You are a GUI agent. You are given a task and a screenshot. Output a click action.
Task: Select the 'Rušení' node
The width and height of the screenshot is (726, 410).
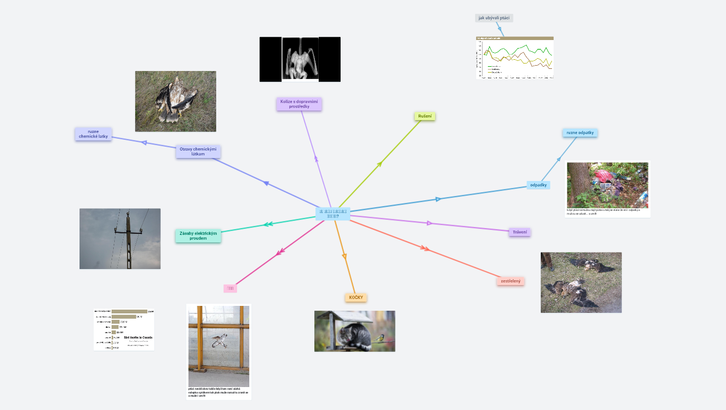pos(425,116)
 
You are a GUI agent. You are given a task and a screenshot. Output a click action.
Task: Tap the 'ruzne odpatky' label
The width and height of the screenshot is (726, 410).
pos(580,132)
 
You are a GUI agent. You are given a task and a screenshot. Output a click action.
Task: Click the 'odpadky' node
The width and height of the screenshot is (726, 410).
pos(538,185)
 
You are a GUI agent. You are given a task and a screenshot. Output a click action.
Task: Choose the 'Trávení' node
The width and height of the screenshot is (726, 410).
pos(519,232)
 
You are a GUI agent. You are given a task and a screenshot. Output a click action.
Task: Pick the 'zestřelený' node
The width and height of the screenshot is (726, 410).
pos(510,281)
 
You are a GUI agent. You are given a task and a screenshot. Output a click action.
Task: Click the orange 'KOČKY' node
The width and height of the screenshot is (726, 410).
pos(356,297)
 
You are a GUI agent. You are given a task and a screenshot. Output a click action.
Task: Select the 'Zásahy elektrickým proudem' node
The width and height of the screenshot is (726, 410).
pos(198,236)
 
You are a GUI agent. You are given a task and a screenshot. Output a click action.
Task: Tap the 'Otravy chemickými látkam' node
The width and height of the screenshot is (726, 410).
pos(198,152)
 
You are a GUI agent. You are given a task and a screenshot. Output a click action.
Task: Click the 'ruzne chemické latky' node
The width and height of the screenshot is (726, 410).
pos(93,134)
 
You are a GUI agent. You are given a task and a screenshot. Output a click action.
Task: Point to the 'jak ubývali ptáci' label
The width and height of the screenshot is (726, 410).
pos(494,18)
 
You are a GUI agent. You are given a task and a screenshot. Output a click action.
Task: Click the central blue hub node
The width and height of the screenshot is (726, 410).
pos(333,214)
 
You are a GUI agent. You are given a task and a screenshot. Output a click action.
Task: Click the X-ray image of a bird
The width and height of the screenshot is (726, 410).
pos(300,59)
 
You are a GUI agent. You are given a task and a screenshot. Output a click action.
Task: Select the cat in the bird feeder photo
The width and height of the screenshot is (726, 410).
pos(352,337)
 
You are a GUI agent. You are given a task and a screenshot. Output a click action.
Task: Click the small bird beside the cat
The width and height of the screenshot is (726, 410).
pos(380,338)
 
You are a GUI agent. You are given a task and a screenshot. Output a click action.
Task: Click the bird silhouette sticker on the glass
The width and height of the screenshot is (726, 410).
pos(219,340)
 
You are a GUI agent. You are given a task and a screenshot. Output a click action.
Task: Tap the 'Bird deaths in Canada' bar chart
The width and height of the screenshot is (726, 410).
pos(124,329)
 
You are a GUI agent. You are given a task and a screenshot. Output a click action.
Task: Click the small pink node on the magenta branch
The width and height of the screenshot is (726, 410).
pos(230,288)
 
